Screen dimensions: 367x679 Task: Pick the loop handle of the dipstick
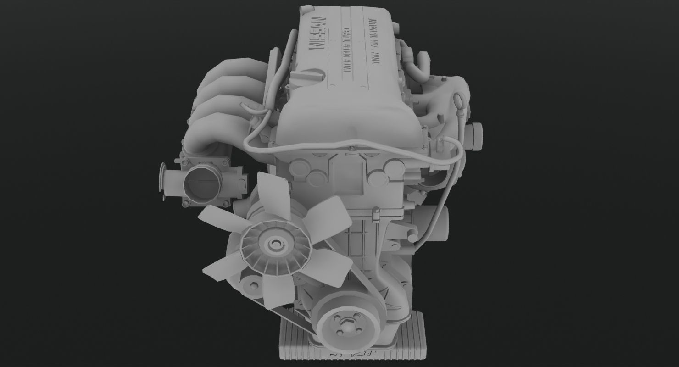click(457, 98)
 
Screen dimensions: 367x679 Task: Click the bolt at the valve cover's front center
click(351, 148)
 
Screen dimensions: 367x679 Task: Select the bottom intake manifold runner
click(211, 147)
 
